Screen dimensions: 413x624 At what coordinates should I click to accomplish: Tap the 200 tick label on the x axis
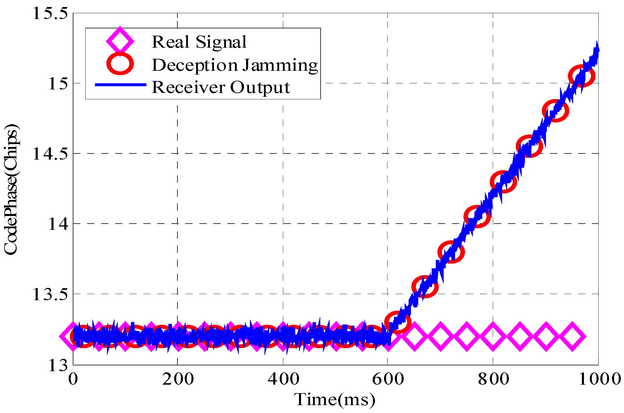178,379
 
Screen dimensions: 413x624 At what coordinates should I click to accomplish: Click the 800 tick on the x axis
493,379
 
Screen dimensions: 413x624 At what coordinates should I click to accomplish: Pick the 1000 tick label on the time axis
599,379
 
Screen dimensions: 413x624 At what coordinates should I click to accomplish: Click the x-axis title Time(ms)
335,400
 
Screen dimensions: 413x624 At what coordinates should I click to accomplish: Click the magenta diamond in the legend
120,41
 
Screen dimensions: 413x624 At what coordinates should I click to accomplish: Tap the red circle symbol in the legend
120,64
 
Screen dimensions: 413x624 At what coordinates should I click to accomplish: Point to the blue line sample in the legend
120,85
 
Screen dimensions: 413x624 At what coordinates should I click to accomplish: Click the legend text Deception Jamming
235,65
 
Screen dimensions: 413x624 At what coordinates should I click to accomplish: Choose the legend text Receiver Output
221,87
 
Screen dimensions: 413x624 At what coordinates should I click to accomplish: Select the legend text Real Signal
199,42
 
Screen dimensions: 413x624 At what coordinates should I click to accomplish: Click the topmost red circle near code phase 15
582,76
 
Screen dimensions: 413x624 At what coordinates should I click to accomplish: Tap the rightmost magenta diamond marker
572,336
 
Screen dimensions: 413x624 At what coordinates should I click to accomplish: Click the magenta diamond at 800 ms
493,336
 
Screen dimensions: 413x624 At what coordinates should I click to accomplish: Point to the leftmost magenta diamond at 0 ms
73,336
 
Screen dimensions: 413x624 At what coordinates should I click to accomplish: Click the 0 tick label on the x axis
73,379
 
